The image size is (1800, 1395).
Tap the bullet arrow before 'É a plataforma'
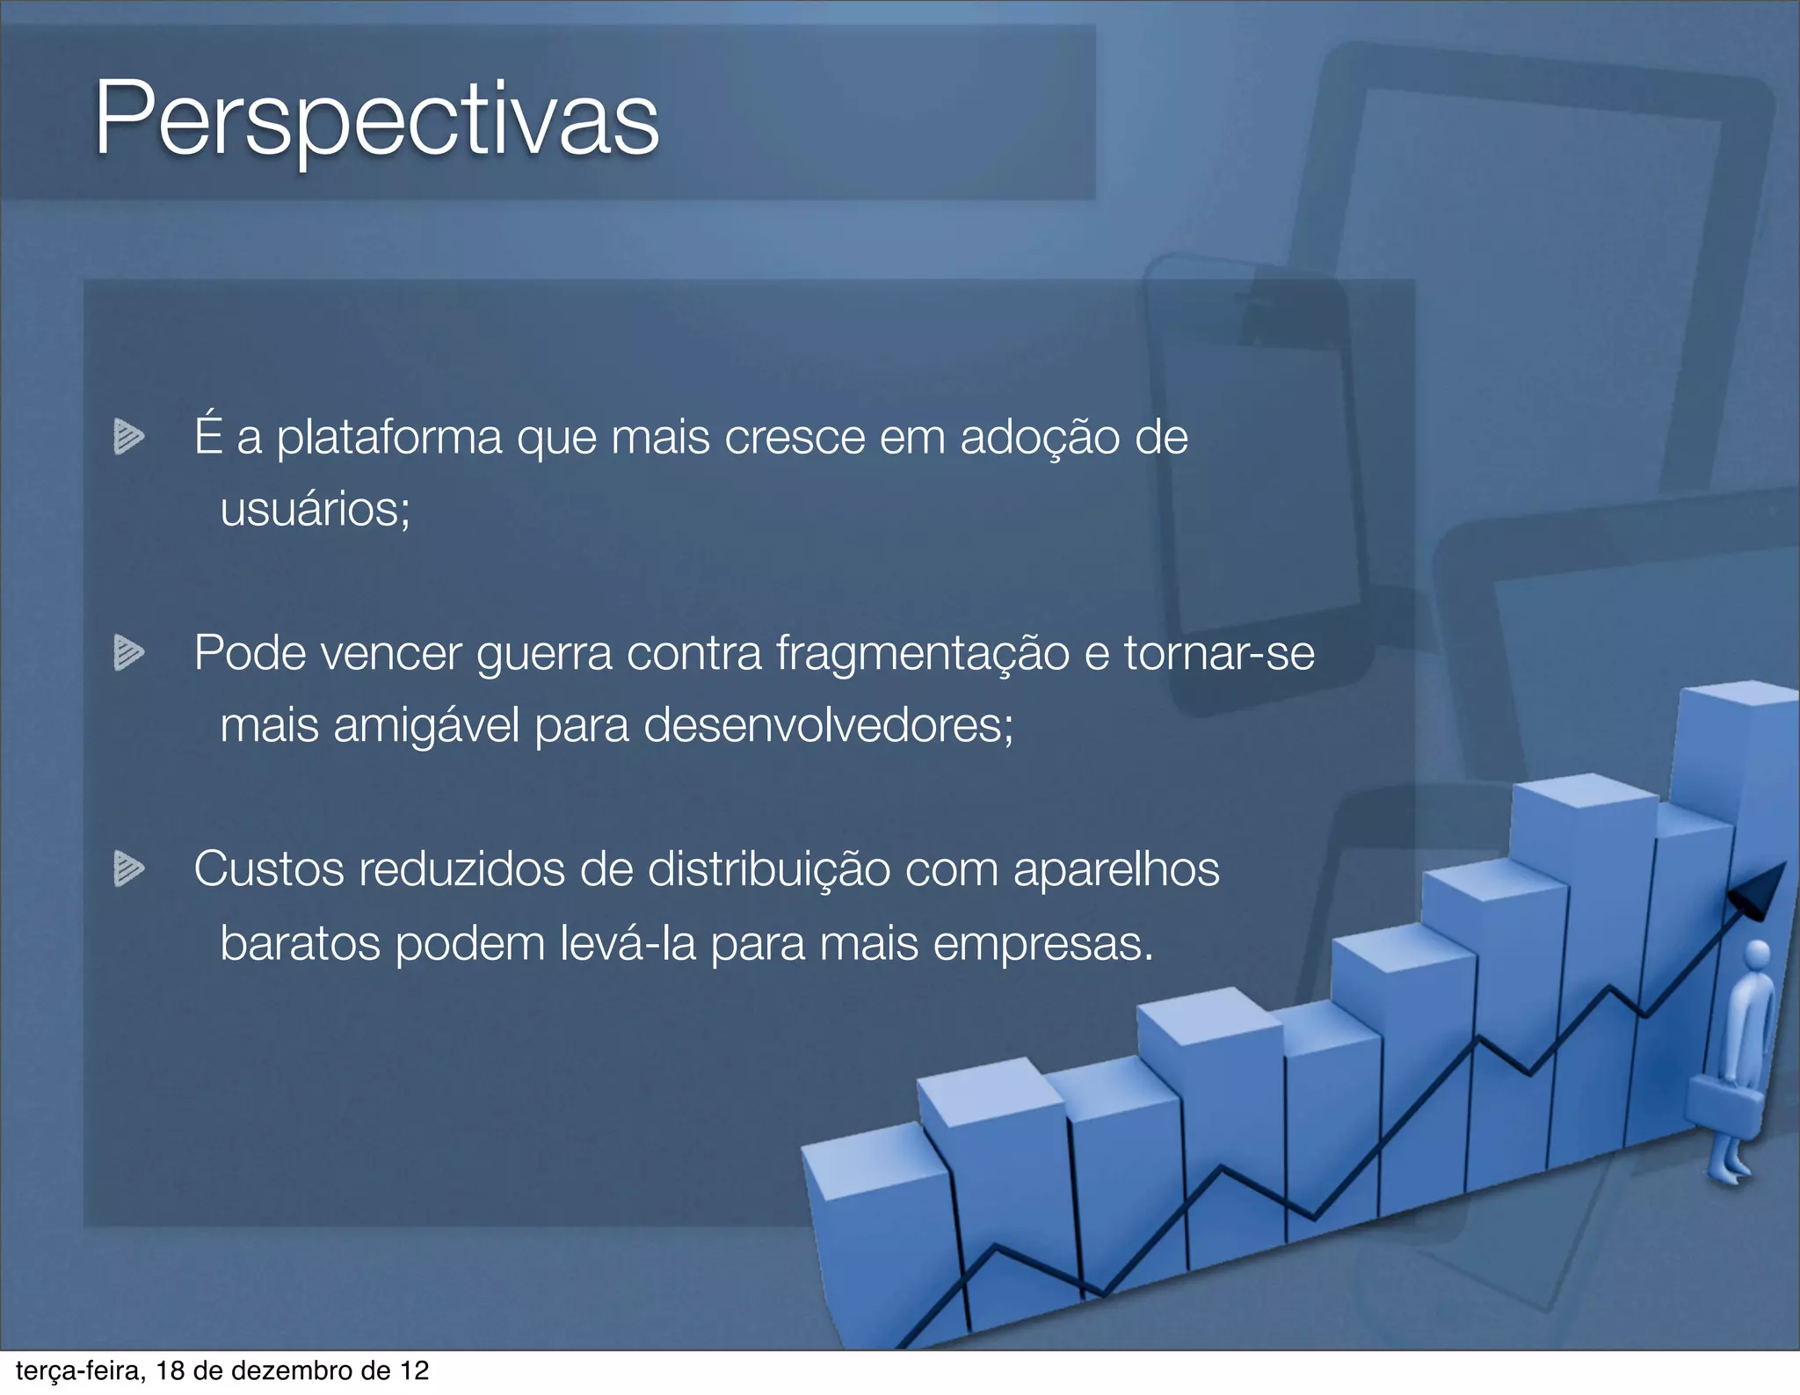pyautogui.click(x=128, y=437)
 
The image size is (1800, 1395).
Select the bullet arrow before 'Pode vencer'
pyautogui.click(x=128, y=652)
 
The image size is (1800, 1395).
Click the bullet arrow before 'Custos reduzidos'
pyautogui.click(x=128, y=868)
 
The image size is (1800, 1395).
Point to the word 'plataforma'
pyautogui.click(x=389, y=437)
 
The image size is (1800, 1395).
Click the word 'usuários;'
pyautogui.click(x=315, y=509)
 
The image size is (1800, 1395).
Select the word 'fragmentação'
pyautogui.click(x=923, y=653)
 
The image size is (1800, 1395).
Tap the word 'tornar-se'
pyautogui.click(x=1219, y=653)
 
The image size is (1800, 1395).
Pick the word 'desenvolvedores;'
pyautogui.click(x=829, y=726)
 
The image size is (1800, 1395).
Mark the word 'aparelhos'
pyautogui.click(x=1116, y=869)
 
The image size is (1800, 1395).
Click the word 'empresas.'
pyautogui.click(x=1042, y=943)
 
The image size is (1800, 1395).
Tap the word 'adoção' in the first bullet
pyautogui.click(x=1040, y=437)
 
